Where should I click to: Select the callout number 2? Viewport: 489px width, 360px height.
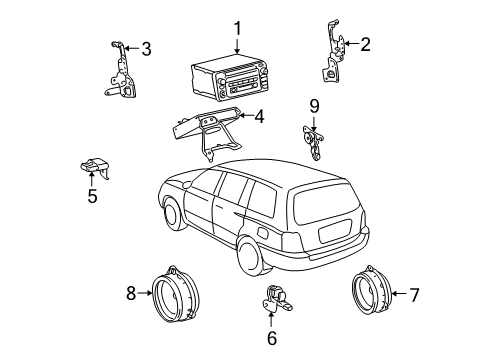coord(365,43)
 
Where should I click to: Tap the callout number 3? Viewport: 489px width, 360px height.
coord(146,47)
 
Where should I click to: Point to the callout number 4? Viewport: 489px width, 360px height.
coord(258,117)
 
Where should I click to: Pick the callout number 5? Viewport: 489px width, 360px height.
coord(92,196)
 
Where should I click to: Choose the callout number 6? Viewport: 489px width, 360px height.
coord(271,338)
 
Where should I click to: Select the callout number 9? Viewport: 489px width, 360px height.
coord(312,105)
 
